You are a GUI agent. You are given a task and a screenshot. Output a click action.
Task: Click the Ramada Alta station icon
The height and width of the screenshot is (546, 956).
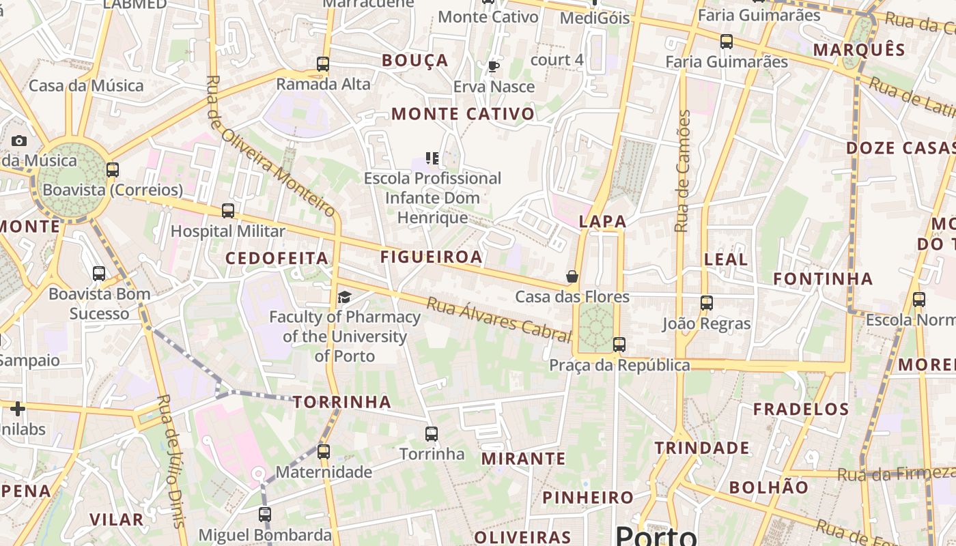coord(323,64)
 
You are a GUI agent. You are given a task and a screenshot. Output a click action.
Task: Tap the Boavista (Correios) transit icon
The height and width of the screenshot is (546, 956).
coord(113,170)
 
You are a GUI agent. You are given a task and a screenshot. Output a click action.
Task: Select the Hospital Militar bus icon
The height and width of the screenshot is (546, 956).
coord(228,211)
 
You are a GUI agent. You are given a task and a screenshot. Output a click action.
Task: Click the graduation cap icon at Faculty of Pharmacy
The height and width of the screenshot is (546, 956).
coord(345,297)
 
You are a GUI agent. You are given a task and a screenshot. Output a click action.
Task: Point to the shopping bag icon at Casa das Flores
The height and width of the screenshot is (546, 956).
coord(572,276)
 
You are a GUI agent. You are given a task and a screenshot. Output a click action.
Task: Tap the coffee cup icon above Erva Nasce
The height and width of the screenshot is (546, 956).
coord(493,66)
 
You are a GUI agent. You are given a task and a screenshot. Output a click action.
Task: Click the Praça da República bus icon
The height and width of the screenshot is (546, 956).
coord(619,345)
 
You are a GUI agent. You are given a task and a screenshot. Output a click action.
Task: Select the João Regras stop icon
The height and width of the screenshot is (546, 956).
coord(707,303)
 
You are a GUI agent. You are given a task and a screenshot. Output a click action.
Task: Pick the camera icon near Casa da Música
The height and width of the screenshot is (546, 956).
coord(19,141)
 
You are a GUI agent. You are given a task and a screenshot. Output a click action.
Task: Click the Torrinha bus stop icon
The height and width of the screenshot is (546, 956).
coord(432,434)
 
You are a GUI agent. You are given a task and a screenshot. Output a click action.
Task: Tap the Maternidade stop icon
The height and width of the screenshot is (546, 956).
coord(324,452)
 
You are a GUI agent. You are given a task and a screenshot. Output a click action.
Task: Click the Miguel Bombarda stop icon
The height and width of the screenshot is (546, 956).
coord(265,515)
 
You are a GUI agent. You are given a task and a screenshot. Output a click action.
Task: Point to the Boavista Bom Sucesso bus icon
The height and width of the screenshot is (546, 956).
coord(99,274)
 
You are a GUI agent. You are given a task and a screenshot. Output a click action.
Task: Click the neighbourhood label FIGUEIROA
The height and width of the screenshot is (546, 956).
coord(431,257)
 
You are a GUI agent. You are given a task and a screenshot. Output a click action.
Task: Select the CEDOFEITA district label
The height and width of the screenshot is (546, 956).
coord(277,258)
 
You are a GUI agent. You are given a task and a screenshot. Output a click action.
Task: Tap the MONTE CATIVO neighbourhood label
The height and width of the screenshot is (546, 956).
coord(463,114)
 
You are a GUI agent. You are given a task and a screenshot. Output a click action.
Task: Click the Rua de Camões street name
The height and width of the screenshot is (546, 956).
coord(682,171)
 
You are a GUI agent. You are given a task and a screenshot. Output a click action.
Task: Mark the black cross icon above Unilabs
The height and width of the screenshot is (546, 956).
coord(18,409)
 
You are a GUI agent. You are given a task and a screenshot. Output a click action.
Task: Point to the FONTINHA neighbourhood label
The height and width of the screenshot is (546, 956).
coord(823,278)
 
